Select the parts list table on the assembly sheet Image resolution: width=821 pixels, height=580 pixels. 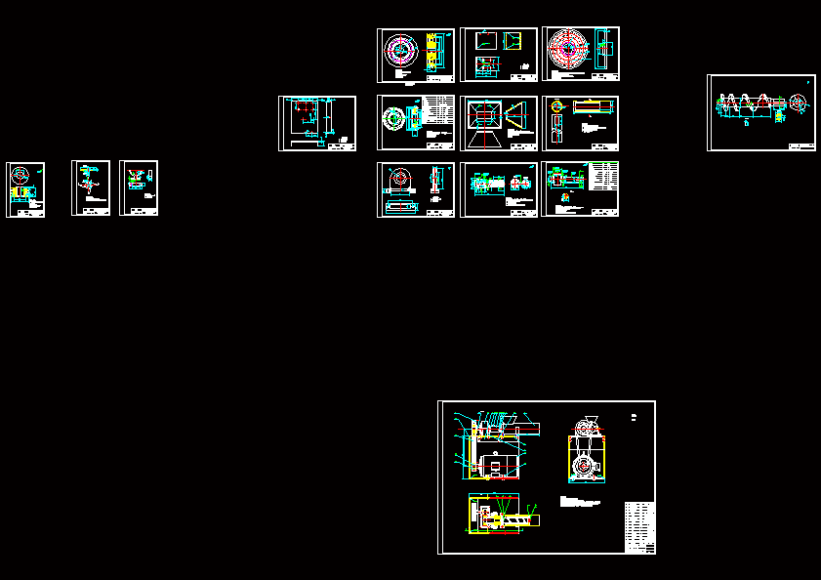[x=639, y=527]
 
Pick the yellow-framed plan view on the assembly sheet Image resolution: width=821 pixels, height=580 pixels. [x=503, y=516]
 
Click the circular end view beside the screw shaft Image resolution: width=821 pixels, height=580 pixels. [x=798, y=103]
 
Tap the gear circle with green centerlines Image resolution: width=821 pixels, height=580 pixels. [x=395, y=118]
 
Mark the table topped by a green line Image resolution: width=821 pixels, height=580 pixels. [x=606, y=176]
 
